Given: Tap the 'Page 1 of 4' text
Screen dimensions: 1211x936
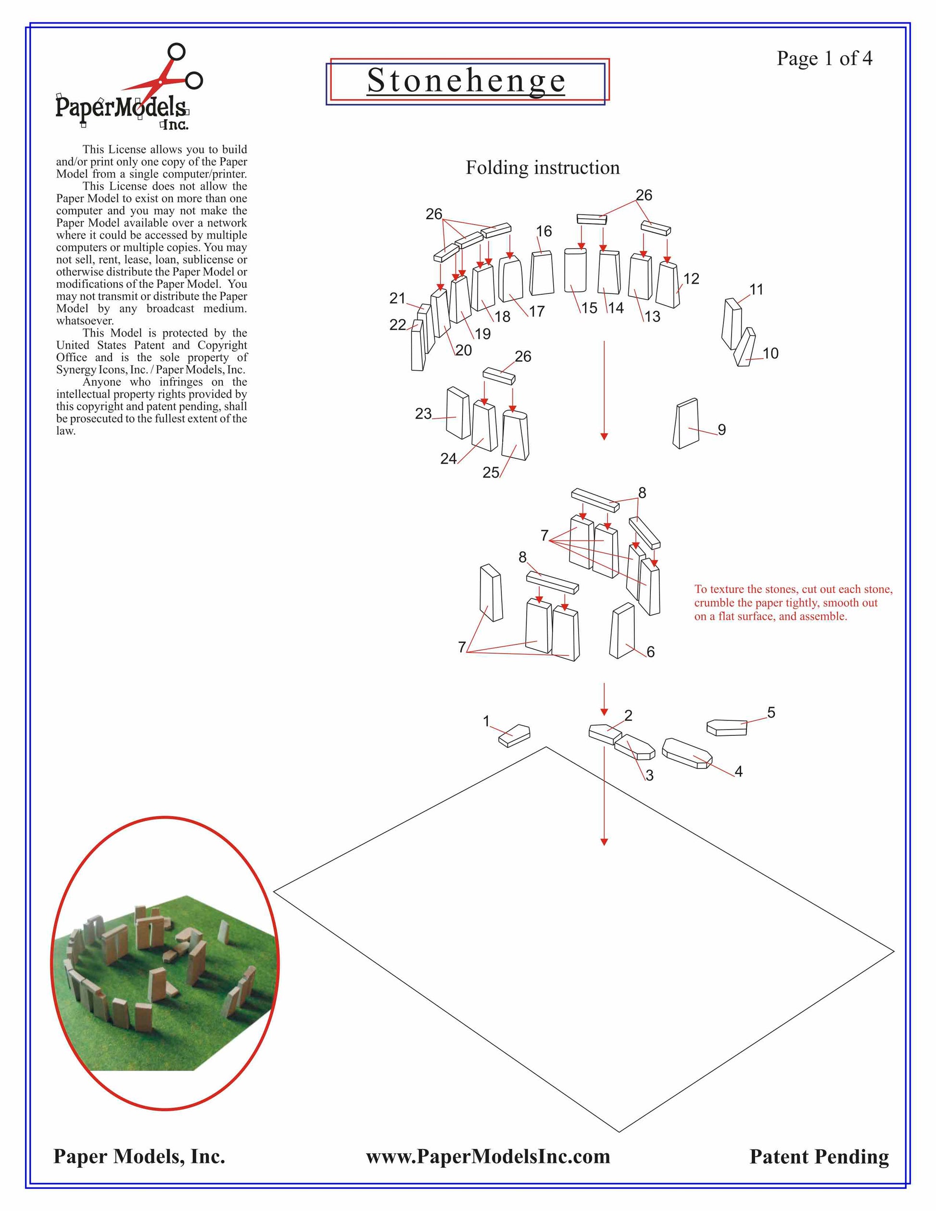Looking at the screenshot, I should tap(824, 58).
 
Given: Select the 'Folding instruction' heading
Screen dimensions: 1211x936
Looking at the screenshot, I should tap(542, 167).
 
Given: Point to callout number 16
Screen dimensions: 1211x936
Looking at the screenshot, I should tap(544, 231).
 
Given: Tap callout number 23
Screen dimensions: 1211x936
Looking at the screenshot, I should tap(423, 413).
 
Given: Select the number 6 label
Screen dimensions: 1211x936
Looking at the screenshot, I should tap(650, 652).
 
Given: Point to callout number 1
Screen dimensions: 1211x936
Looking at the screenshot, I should tap(486, 721).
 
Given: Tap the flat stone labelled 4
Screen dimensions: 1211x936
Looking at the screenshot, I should tap(687, 753).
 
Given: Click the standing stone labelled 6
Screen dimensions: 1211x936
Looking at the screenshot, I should tap(622, 631).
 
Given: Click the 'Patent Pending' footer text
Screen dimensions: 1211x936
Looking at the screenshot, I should tap(819, 1156).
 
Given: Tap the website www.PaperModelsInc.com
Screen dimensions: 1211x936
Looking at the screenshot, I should tap(488, 1156).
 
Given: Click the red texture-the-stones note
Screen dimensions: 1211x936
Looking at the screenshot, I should tap(793, 603).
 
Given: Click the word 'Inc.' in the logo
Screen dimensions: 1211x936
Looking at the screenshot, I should tap(175, 126).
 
